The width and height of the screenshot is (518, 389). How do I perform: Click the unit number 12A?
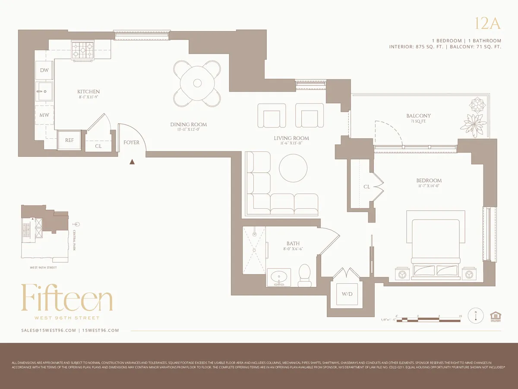[x=487, y=24]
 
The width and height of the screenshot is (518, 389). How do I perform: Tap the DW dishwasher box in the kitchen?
[x=44, y=70]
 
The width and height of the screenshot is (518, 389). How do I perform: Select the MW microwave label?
[x=44, y=115]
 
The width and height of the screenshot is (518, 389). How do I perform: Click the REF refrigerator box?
[x=69, y=140]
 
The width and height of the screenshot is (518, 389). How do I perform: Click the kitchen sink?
[x=44, y=91]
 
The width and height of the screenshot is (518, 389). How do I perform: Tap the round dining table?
[x=197, y=83]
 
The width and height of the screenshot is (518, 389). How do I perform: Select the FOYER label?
[x=131, y=142]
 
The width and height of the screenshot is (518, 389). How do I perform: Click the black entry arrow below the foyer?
[x=133, y=162]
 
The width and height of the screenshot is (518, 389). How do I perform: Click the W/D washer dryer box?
[x=347, y=294]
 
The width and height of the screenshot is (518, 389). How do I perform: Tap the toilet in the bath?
[x=305, y=274]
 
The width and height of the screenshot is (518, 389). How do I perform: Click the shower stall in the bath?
[x=254, y=250]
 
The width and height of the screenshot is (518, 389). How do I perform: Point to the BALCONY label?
[x=418, y=116]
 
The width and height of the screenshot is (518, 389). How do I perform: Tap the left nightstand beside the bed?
[x=402, y=274]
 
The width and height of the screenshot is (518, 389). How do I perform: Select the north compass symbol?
[x=476, y=316]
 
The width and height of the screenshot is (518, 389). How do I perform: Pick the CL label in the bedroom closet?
[x=366, y=187]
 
